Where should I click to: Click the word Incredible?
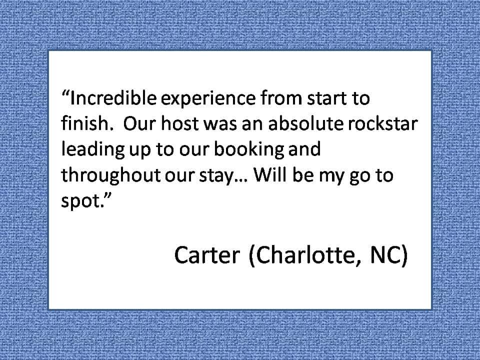(x=113, y=98)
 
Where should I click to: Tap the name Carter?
(x=207, y=254)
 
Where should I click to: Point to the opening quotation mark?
(x=66, y=93)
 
